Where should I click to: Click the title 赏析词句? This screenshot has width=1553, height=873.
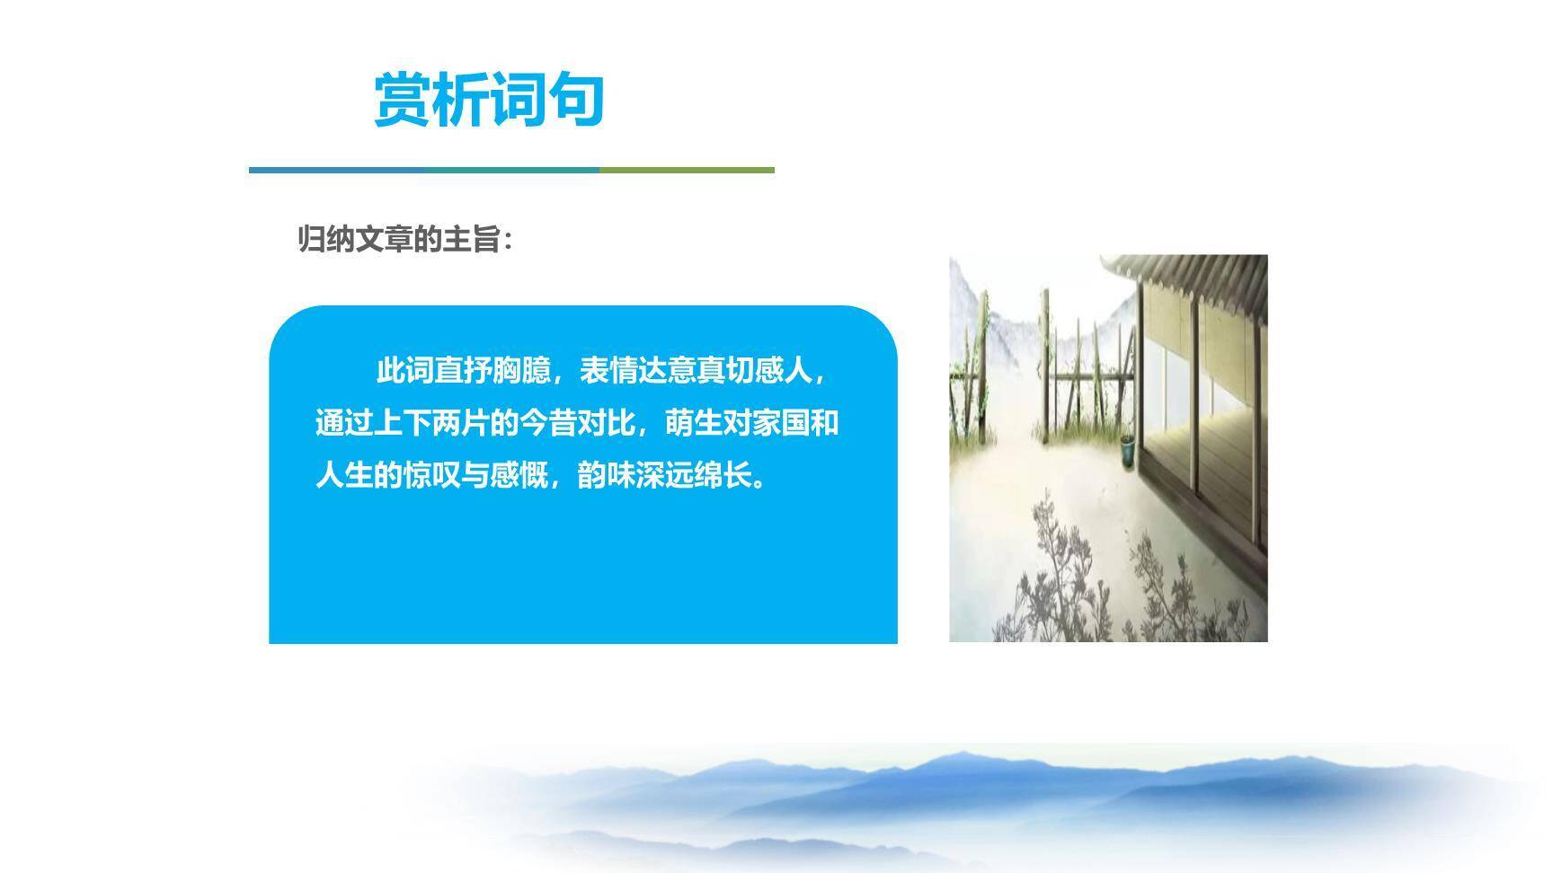(488, 99)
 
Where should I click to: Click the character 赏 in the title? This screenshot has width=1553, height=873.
(403, 99)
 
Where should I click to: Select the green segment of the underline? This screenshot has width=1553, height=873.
(687, 170)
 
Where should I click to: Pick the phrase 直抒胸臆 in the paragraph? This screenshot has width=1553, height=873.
(492, 371)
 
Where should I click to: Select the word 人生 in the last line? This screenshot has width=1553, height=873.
(344, 475)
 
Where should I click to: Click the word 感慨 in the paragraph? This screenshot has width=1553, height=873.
(519, 475)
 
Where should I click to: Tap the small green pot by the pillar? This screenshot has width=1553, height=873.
(1127, 450)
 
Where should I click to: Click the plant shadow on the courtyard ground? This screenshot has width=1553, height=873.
(1078, 575)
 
